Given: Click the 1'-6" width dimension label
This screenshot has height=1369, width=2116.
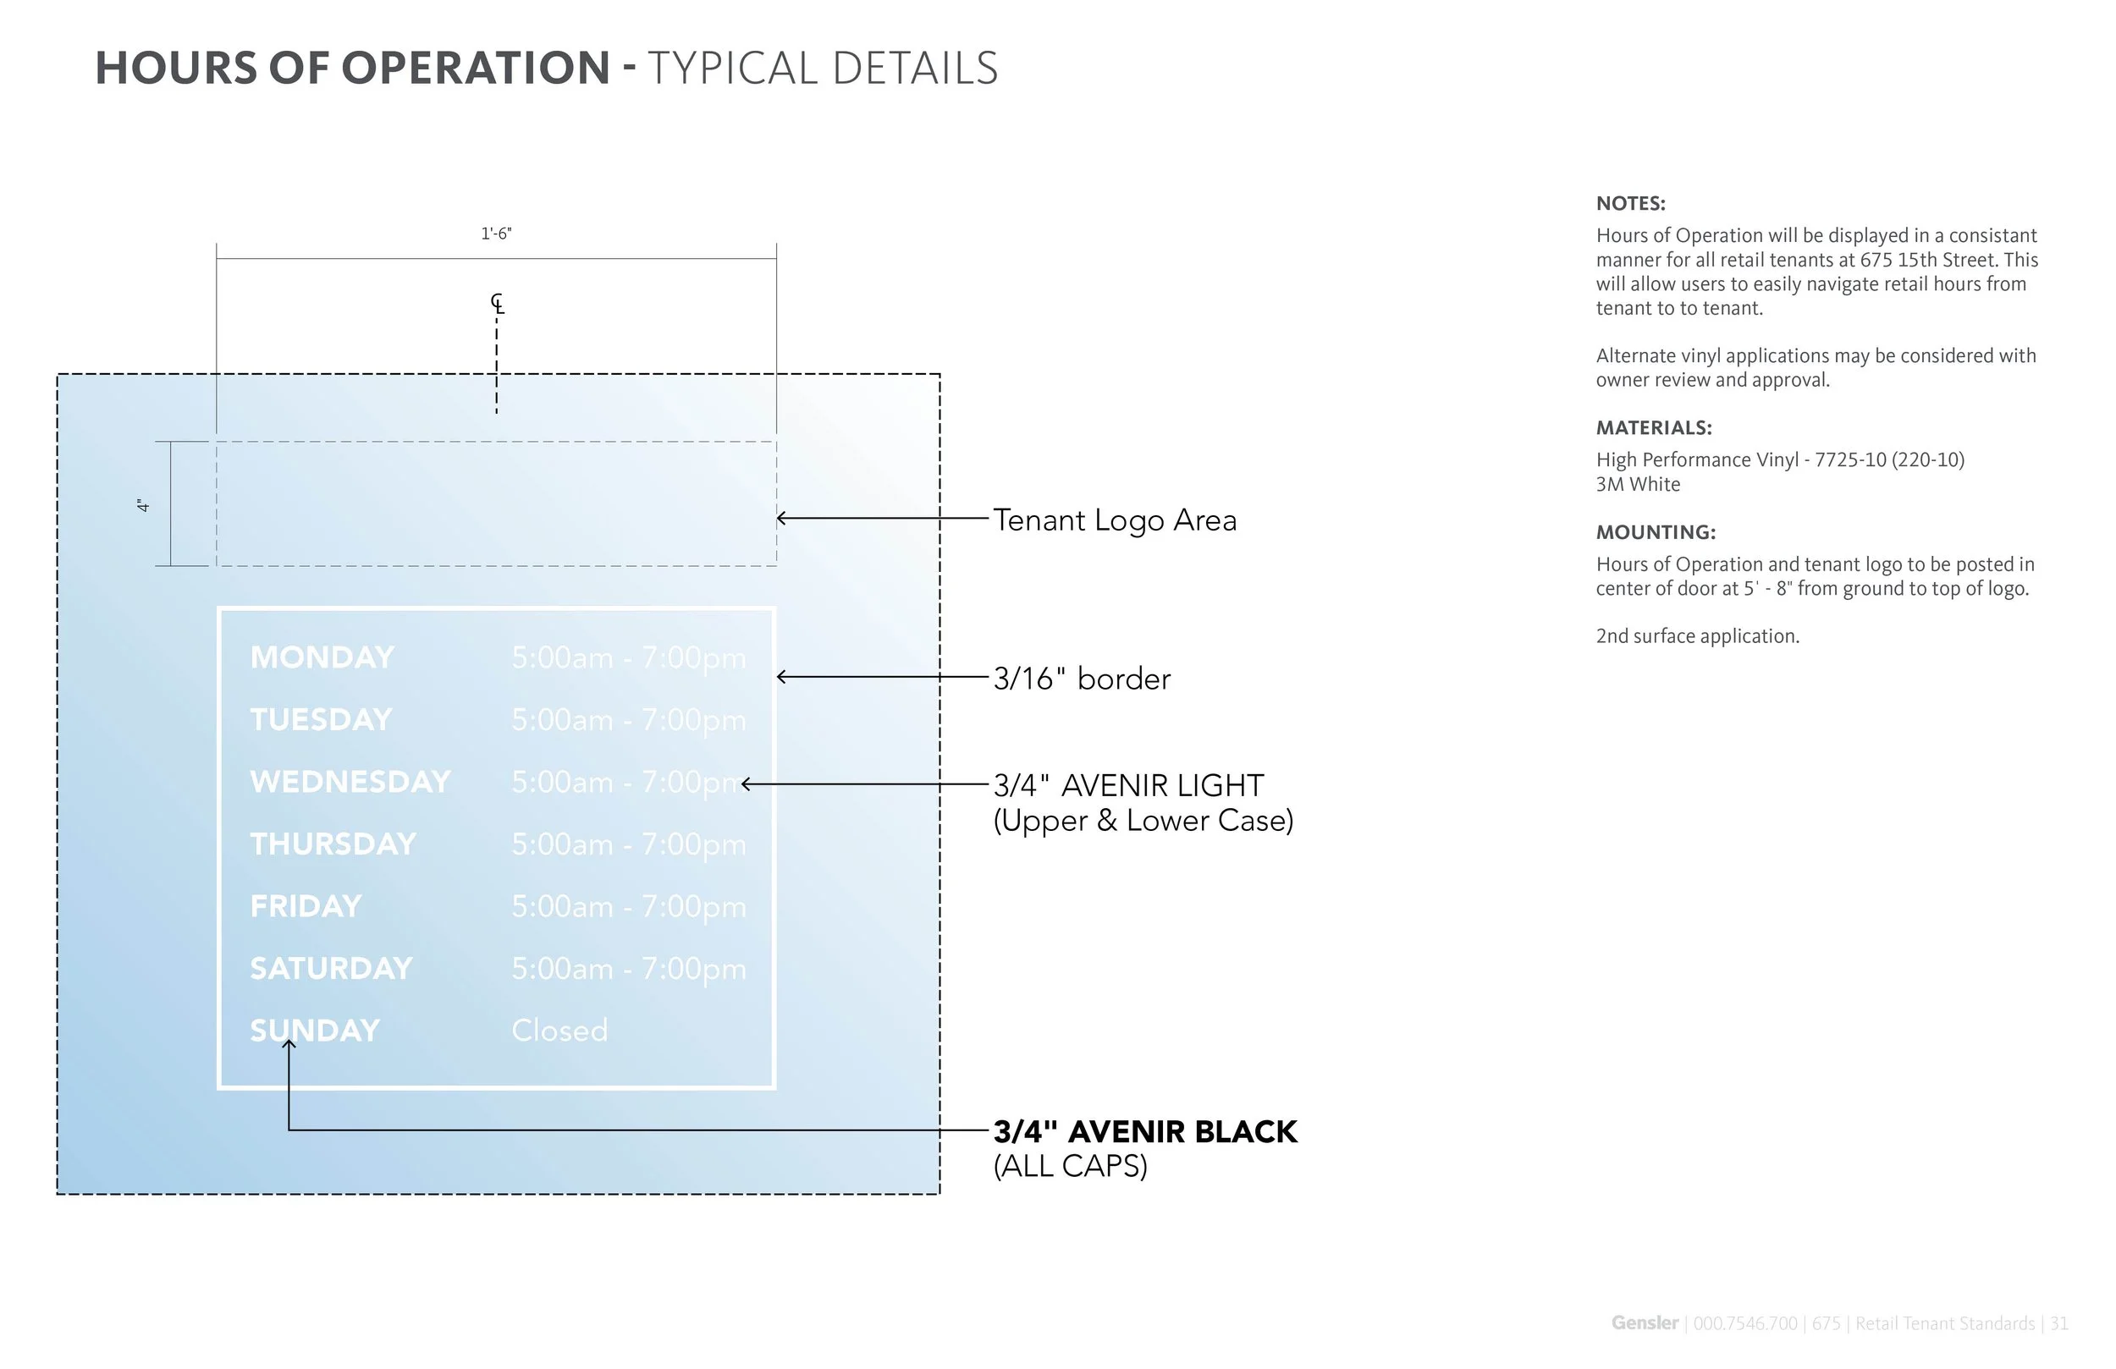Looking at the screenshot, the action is pyautogui.click(x=496, y=234).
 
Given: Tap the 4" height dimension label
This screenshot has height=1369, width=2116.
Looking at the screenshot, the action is pyautogui.click(x=143, y=505).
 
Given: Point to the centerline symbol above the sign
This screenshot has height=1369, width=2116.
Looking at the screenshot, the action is pyautogui.click(x=497, y=304).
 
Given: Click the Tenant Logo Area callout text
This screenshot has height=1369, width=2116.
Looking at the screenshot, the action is pyautogui.click(x=1114, y=520).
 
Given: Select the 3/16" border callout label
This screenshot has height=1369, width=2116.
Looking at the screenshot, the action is pyautogui.click(x=1081, y=679).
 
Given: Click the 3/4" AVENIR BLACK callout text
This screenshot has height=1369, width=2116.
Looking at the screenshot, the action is pyautogui.click(x=1144, y=1131).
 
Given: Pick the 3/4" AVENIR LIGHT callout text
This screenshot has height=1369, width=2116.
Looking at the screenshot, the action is pyautogui.click(x=1127, y=786).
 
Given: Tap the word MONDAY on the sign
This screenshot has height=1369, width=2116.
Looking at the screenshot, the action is pyautogui.click(x=322, y=657).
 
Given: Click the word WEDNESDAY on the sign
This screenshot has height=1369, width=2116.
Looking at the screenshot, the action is pyautogui.click(x=350, y=783).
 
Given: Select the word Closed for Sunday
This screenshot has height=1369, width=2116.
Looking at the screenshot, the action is pyautogui.click(x=559, y=1031).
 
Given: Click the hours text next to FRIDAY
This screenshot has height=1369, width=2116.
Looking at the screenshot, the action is pyautogui.click(x=629, y=907).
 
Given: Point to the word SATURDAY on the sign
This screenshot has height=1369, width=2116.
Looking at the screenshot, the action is pyautogui.click(x=331, y=969).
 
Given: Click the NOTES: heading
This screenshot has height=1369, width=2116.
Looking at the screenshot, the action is pyautogui.click(x=1629, y=204).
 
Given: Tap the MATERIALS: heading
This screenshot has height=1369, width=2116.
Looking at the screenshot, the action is pyautogui.click(x=1653, y=427).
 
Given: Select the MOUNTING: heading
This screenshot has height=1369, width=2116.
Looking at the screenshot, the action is pyautogui.click(x=1656, y=532).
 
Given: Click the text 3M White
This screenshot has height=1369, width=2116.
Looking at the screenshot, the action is pyautogui.click(x=1638, y=485).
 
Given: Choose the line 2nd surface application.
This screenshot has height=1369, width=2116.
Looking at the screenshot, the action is pyautogui.click(x=1696, y=636).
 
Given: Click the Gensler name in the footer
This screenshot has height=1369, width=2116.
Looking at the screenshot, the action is pyautogui.click(x=1644, y=1323).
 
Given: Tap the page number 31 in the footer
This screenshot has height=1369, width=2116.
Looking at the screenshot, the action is pyautogui.click(x=2059, y=1323).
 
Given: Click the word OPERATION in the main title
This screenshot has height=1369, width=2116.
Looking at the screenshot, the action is pyautogui.click(x=476, y=69).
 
